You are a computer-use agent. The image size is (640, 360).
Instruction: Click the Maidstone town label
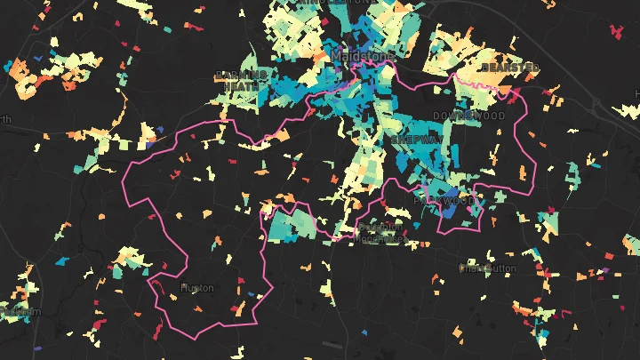click(x=361, y=56)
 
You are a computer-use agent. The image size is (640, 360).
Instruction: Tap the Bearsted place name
click(x=509, y=68)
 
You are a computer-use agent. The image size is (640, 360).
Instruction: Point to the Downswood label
click(x=468, y=116)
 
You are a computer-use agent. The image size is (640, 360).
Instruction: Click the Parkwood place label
click(x=444, y=202)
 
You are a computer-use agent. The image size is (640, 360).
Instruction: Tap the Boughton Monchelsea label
click(x=380, y=233)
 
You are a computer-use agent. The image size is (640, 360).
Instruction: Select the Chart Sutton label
click(x=486, y=267)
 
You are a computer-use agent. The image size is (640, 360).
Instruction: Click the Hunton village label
click(x=196, y=288)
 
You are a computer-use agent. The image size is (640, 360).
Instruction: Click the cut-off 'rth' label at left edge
click(x=5, y=120)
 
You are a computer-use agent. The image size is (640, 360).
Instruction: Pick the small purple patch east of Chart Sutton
click(x=605, y=270)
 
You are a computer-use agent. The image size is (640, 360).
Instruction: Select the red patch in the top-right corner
click(x=615, y=31)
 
